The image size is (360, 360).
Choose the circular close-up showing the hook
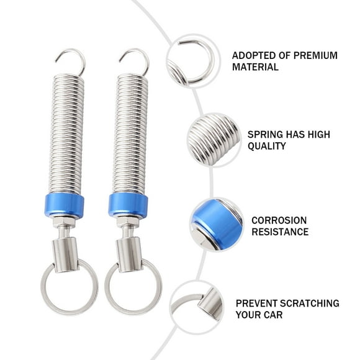click(x=193, y=61)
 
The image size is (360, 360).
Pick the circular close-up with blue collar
click(x=217, y=224)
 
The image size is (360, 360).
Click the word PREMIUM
click(x=313, y=55)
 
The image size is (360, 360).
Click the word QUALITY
click(x=267, y=146)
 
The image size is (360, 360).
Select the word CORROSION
click(x=279, y=220)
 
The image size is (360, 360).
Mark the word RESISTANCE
click(x=280, y=232)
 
